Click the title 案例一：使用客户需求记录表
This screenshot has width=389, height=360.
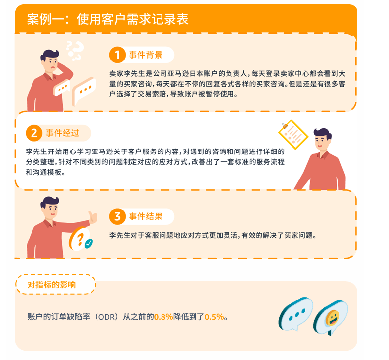pos(108,19)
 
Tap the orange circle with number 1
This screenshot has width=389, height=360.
pos(117,55)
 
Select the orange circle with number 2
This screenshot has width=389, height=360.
pos(34,133)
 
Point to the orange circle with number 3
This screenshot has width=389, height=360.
pos(117,216)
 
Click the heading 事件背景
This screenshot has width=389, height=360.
pos(146,55)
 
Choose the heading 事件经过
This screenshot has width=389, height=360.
pos(62,133)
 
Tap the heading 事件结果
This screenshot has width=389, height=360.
pos(146,216)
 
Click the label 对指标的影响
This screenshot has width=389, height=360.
pos(52,285)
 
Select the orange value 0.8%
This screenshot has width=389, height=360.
pos(163,317)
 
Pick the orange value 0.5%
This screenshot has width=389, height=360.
pos(214,317)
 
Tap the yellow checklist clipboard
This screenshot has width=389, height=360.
pos(293,135)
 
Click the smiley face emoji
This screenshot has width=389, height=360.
pos(332,318)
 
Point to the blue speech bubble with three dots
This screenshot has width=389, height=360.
pos(296,314)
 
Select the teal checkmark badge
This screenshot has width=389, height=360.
pos(88,243)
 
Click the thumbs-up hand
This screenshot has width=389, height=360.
pos(93,217)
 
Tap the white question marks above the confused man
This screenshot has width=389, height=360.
pos(75,51)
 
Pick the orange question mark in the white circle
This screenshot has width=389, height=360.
pos(80,240)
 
